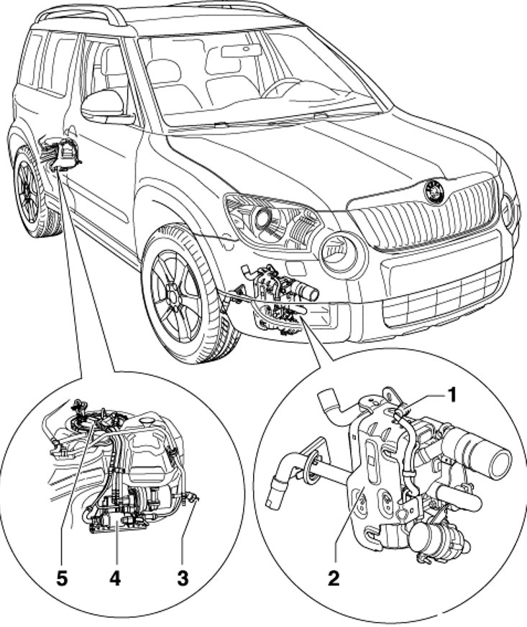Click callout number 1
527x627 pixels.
point(451,396)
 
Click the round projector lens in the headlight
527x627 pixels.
point(264,218)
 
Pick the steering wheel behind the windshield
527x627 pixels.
point(280,88)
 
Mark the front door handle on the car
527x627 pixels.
point(72,132)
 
